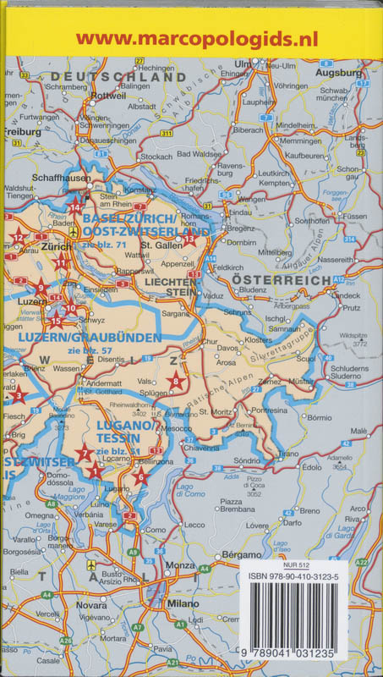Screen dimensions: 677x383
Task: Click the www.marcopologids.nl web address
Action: coord(190,37)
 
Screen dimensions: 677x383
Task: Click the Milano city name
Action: coord(183,604)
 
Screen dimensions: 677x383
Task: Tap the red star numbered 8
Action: coord(175,382)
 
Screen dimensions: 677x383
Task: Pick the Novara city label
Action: coord(92,606)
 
